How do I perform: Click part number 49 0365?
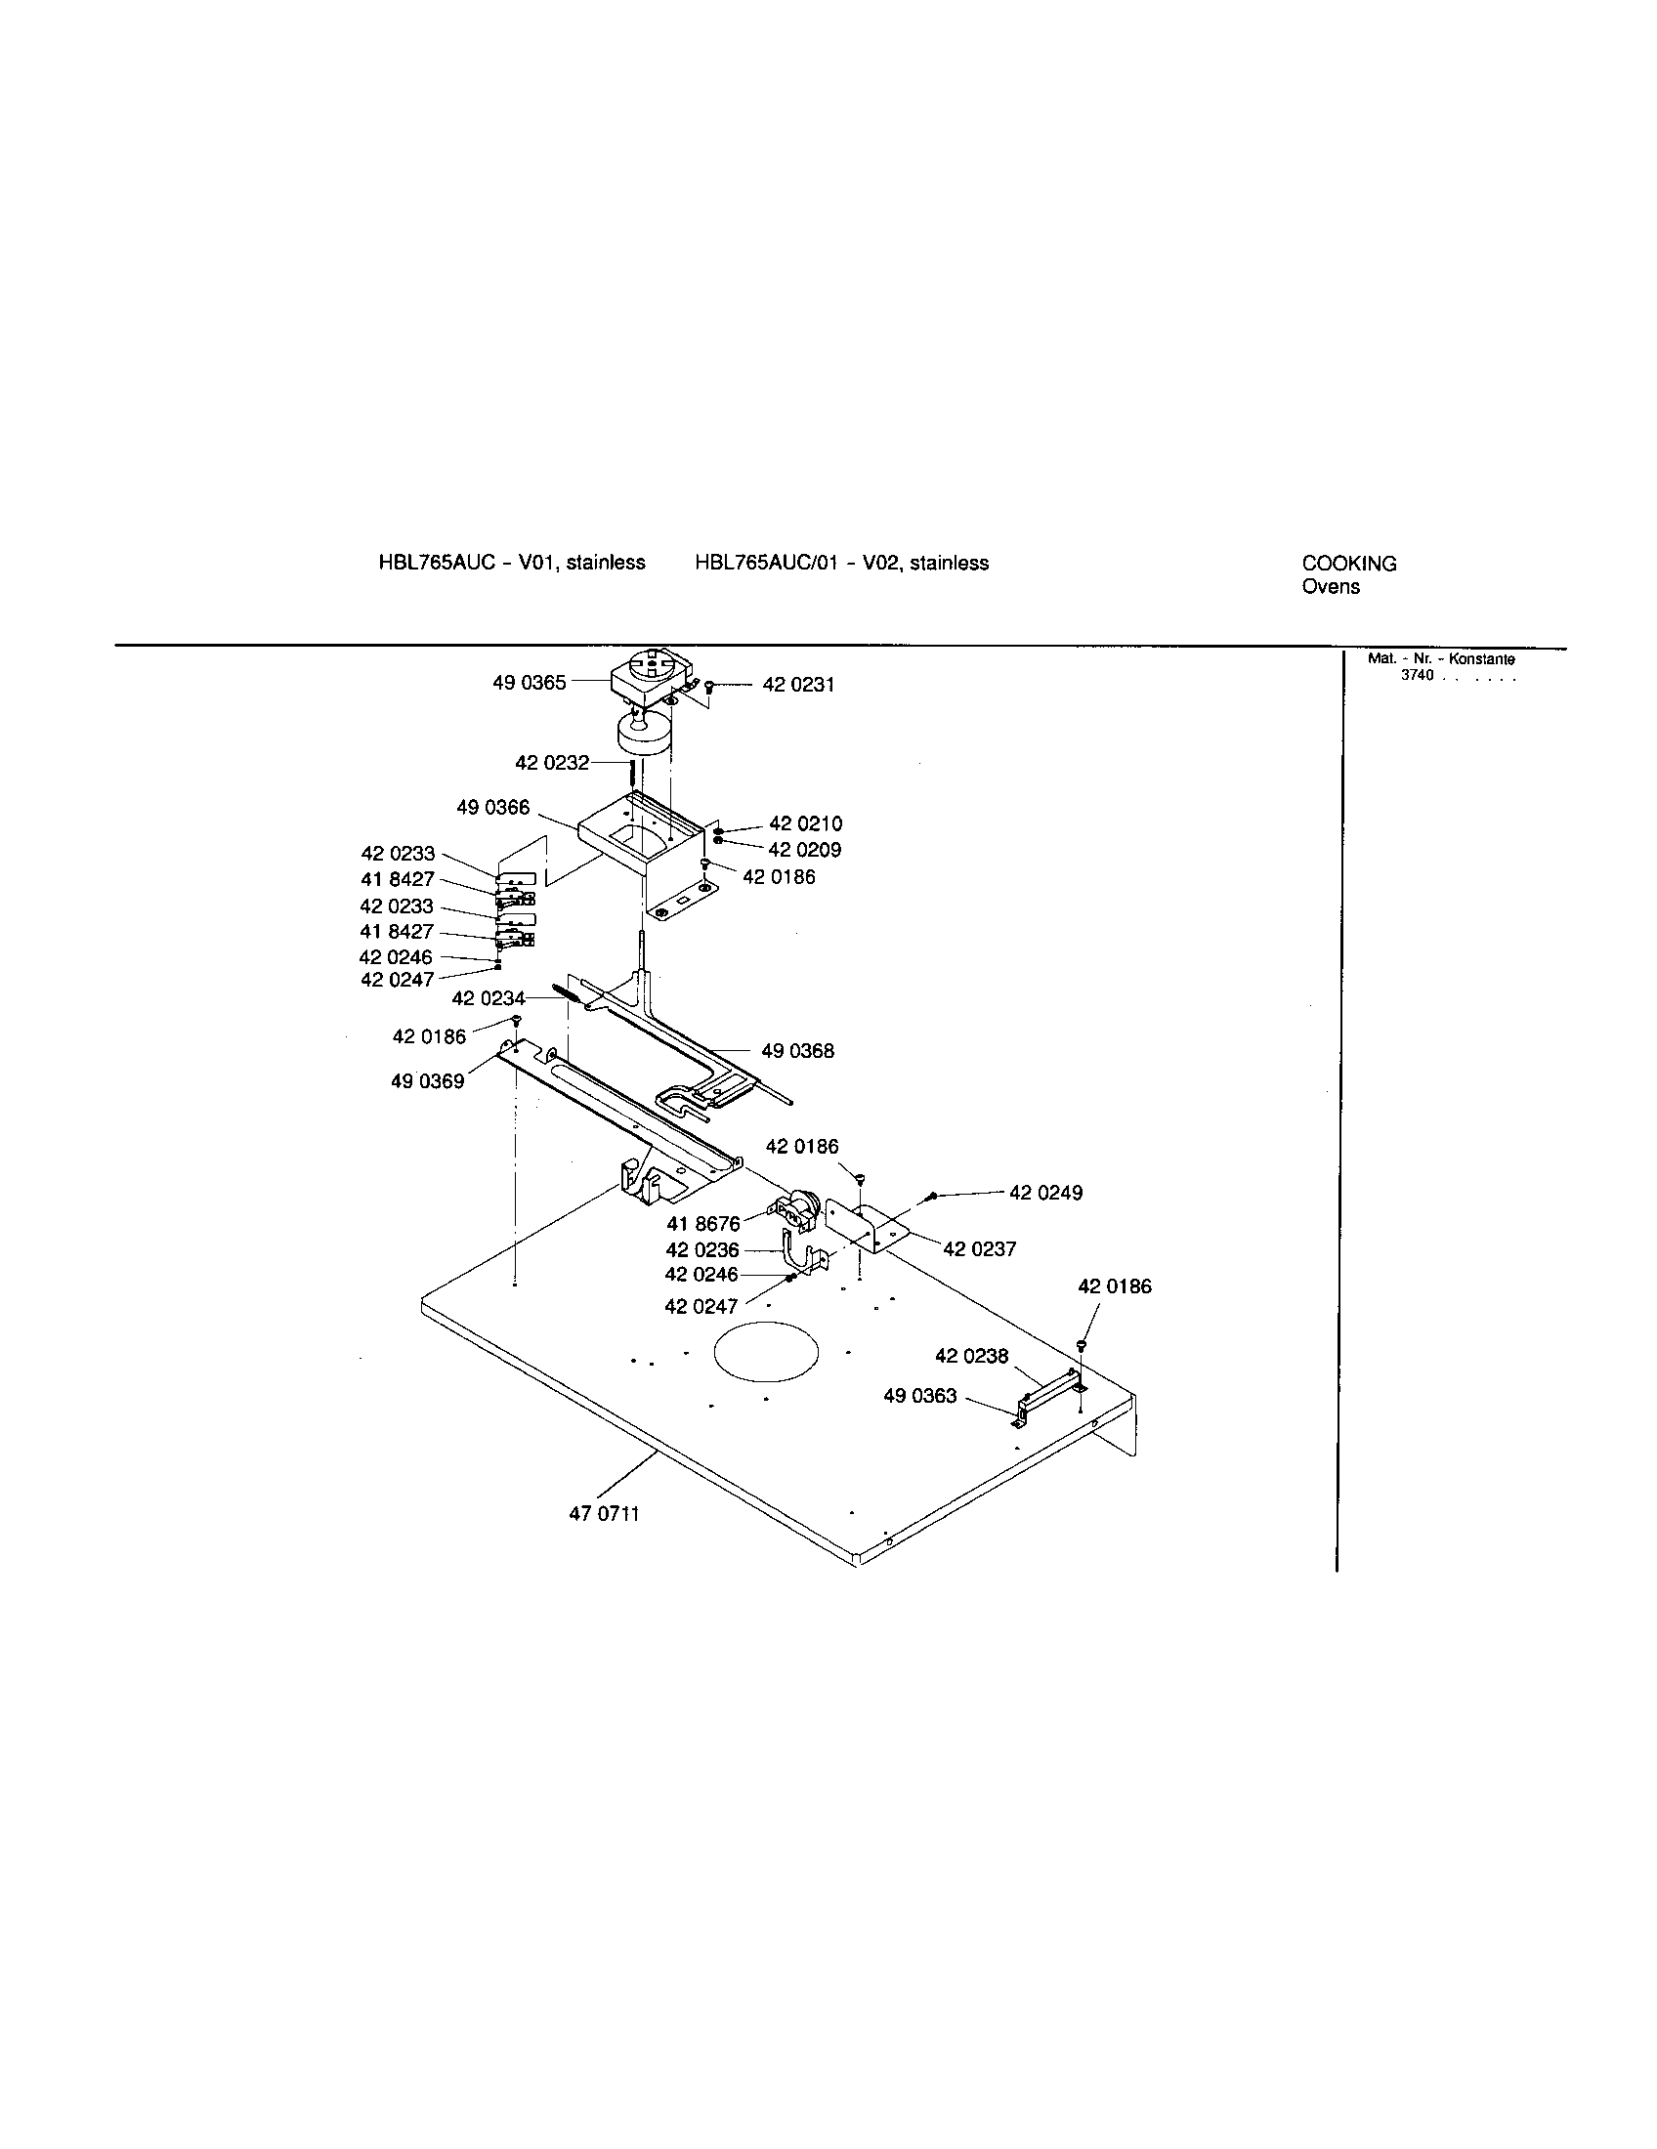529,683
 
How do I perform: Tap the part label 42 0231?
798,685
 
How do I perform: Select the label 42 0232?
551,763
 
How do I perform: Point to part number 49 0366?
492,808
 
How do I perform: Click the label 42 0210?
805,823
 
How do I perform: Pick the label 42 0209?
804,849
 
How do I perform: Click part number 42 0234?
489,998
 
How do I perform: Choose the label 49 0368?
797,1051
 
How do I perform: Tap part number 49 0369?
427,1081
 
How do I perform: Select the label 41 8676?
702,1224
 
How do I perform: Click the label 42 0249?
1045,1193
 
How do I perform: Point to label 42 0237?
979,1248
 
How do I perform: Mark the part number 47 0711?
603,1514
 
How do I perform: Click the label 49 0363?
919,1395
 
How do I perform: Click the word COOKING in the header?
1348,564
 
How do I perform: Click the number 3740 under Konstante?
1417,675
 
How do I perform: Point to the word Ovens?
1330,586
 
